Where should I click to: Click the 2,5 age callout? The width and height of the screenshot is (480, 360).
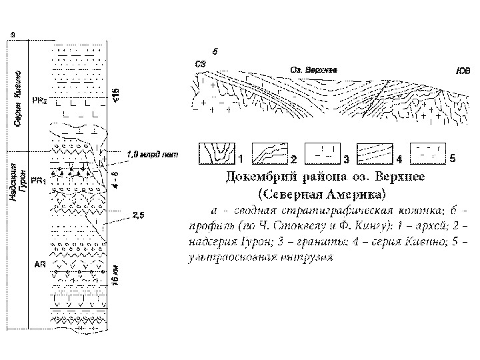coord(139,215)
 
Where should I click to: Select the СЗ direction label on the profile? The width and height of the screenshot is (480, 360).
coord(200,64)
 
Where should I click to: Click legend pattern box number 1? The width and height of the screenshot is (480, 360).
coord(216,153)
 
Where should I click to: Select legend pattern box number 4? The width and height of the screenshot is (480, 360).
coord(375,153)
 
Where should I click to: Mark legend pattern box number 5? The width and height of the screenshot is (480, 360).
coord(427,153)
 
